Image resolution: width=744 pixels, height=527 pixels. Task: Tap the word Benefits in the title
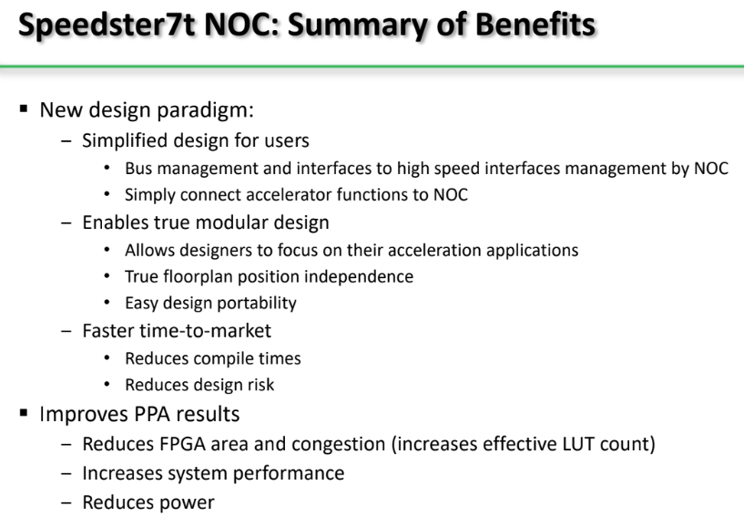[x=535, y=24]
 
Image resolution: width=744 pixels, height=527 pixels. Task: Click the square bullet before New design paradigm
[x=24, y=109]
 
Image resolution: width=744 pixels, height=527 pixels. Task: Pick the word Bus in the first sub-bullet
[x=138, y=169]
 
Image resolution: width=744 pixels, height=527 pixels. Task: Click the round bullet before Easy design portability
[x=107, y=303]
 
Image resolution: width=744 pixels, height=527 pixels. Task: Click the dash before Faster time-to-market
[x=66, y=331]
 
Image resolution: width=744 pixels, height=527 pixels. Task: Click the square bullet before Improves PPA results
[x=24, y=413]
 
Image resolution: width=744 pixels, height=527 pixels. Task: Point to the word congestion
[x=339, y=444]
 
